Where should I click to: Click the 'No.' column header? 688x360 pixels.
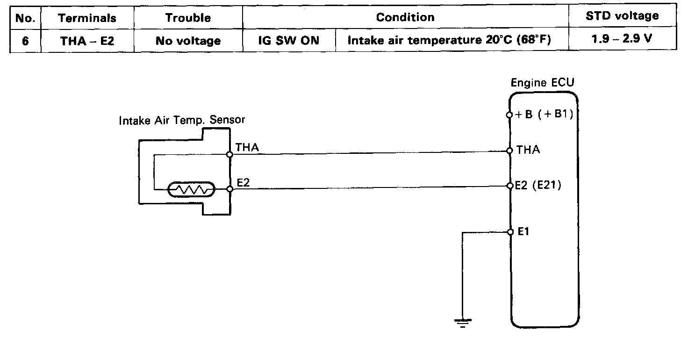(x=25, y=18)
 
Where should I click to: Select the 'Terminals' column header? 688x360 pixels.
(x=87, y=18)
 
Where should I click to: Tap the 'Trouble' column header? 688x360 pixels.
(x=188, y=18)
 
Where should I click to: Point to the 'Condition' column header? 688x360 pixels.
(x=405, y=18)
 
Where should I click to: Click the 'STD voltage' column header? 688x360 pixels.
(x=622, y=16)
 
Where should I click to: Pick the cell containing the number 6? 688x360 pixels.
(x=25, y=41)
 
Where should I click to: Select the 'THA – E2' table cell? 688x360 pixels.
(x=87, y=41)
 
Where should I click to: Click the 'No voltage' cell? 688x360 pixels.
(x=188, y=41)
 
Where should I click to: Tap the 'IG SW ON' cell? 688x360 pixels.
(x=289, y=41)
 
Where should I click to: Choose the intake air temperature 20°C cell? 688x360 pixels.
(x=449, y=40)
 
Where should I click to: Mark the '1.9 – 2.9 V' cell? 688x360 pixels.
(x=622, y=39)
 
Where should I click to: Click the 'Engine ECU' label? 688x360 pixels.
(x=543, y=83)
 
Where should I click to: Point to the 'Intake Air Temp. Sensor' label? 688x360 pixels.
(x=182, y=120)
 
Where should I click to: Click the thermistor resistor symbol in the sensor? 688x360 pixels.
(x=192, y=189)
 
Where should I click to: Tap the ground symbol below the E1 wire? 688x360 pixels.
(x=462, y=322)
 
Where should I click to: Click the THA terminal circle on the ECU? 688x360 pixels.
(x=510, y=151)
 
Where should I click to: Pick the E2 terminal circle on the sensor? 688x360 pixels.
(x=229, y=189)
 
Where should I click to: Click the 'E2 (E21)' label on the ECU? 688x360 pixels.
(x=538, y=185)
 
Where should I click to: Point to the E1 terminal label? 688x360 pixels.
(x=524, y=231)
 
